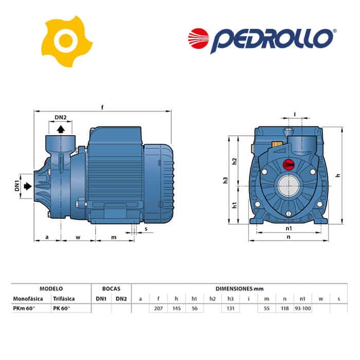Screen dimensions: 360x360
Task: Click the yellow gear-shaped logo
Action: pyautogui.click(x=66, y=41)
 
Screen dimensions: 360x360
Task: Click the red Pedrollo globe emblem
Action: pyautogui.click(x=199, y=39)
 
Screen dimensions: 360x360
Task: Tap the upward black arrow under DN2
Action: pyautogui.click(x=61, y=129)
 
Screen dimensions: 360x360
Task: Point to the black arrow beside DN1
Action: pyautogui.click(x=28, y=186)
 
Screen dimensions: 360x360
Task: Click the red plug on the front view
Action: pyautogui.click(x=289, y=165)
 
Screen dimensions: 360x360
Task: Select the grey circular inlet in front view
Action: pyautogui.click(x=289, y=186)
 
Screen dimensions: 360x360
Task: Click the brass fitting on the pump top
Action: pyautogui.click(x=277, y=145)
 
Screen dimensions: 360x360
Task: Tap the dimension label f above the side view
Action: pyautogui.click(x=102, y=107)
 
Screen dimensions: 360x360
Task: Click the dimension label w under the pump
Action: pyautogui.click(x=78, y=237)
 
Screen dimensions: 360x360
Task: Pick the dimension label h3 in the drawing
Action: pyautogui.click(x=225, y=180)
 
